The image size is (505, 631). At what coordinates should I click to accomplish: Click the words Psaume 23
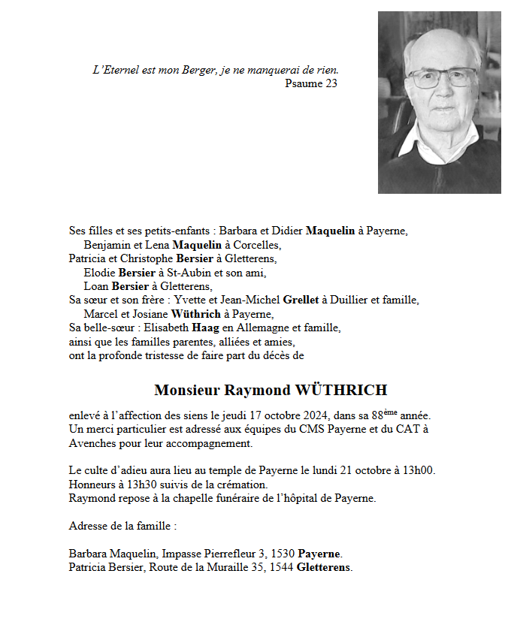coord(311,83)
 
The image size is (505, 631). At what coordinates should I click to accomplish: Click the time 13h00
coord(419,470)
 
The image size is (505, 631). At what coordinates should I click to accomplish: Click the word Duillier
coord(355,300)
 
